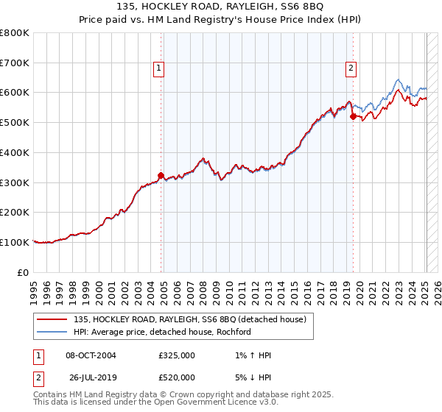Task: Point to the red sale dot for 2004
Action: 161,175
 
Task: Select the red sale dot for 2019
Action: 353,116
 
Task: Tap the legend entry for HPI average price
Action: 162,332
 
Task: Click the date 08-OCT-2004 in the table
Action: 91,355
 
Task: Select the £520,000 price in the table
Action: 177,377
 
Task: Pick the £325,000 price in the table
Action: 177,355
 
